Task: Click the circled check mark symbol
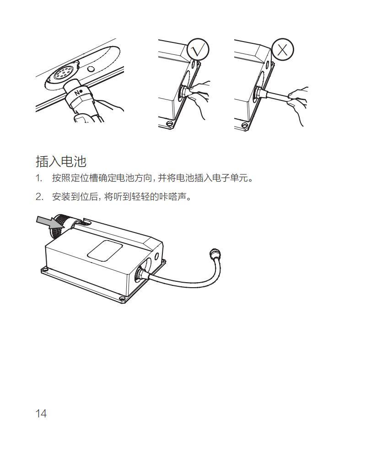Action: [x=198, y=50]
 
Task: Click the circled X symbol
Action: [x=283, y=50]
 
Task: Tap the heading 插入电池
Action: [x=61, y=161]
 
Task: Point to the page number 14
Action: [x=41, y=414]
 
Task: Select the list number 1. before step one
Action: [x=39, y=178]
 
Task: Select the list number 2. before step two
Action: [x=39, y=197]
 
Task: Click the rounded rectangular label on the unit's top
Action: [x=105, y=250]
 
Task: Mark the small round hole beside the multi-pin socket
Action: [x=91, y=69]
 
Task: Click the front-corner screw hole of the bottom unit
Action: [x=122, y=299]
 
